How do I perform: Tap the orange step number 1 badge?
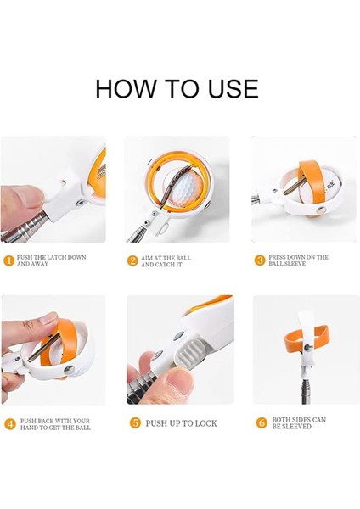pyautogui.click(x=8, y=260)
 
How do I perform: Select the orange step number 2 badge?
pyautogui.click(x=132, y=260)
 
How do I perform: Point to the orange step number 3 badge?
pyautogui.click(x=260, y=260)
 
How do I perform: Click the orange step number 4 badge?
pyautogui.click(x=10, y=424)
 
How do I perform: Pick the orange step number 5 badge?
pyautogui.click(x=135, y=423)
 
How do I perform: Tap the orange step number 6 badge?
pyautogui.click(x=262, y=422)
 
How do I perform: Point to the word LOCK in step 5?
pyautogui.click(x=206, y=423)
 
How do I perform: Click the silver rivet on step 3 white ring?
pyautogui.click(x=321, y=210)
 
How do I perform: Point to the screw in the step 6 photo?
pyautogui.click(x=308, y=348)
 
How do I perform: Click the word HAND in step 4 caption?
pyautogui.click(x=29, y=428)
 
